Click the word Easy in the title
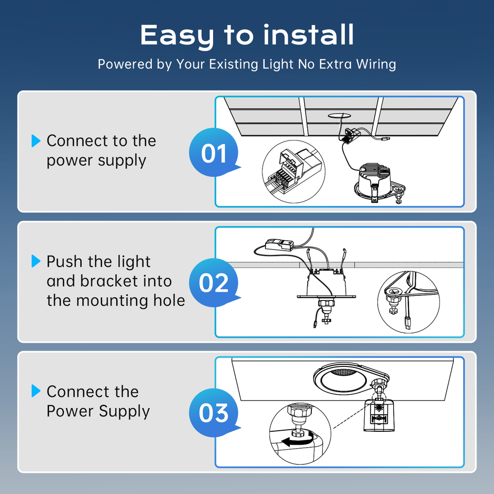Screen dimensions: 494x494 coord(177,36)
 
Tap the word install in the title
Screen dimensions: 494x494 coord(308,34)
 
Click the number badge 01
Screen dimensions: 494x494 coord(214,152)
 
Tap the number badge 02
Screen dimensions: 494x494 coord(214,283)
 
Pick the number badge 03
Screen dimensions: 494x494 coord(214,413)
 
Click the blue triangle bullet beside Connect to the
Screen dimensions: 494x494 coord(36,140)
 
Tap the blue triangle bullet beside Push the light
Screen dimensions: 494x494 coord(36,261)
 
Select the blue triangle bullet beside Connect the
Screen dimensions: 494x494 coord(36,391)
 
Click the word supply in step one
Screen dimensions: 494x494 coord(122,161)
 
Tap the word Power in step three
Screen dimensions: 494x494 coord(70,411)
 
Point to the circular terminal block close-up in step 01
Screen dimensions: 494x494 coord(294,172)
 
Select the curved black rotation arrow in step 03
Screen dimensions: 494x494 coord(298,439)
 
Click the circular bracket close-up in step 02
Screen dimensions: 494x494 coord(408,302)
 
